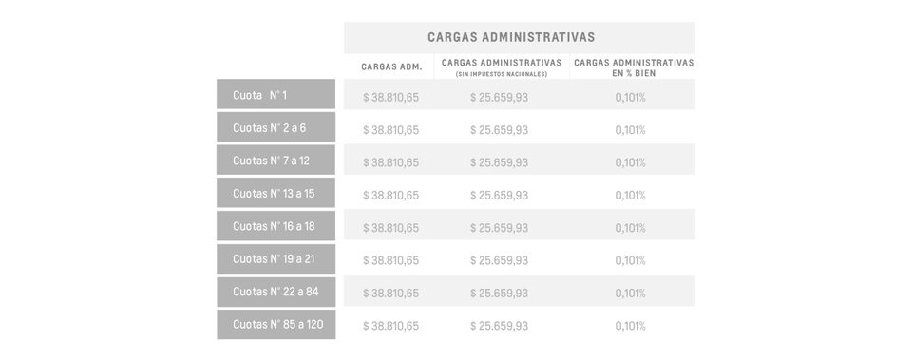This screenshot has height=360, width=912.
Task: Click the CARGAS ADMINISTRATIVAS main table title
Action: pos(511,37)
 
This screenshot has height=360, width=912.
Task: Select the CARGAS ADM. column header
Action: pos(390,66)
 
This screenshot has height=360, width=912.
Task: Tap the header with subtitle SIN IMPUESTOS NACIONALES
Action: pos(501,66)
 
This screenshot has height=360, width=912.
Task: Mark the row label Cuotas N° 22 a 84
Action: pos(275,292)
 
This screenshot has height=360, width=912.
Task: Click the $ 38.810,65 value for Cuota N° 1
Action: pos(390,97)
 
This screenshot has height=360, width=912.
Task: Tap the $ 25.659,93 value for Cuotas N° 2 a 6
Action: pos(499,130)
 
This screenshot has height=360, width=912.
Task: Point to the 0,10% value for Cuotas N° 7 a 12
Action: pos(630,162)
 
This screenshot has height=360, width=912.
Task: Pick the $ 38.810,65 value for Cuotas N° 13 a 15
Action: pos(390,196)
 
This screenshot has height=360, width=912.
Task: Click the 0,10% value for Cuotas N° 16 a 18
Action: pos(630,228)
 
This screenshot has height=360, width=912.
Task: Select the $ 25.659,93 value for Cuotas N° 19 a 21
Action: pos(499,260)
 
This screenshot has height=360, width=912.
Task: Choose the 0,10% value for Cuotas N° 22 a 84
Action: pos(630,294)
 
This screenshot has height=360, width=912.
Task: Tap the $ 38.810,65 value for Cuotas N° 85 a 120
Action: pos(390,326)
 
